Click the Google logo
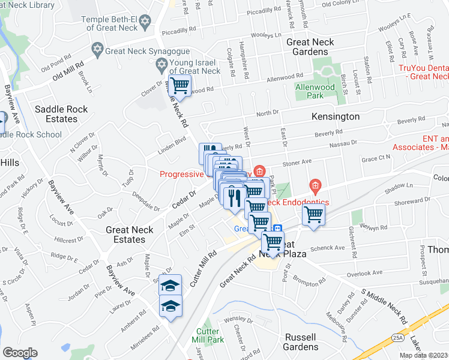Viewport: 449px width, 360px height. (20, 353)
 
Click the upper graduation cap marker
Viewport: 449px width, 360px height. (170, 285)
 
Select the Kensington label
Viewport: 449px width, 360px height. (336, 116)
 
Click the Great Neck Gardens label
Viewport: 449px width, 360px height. (315, 47)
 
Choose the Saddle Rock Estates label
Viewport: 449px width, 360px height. (61, 114)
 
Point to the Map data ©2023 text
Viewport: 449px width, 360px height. (424, 355)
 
